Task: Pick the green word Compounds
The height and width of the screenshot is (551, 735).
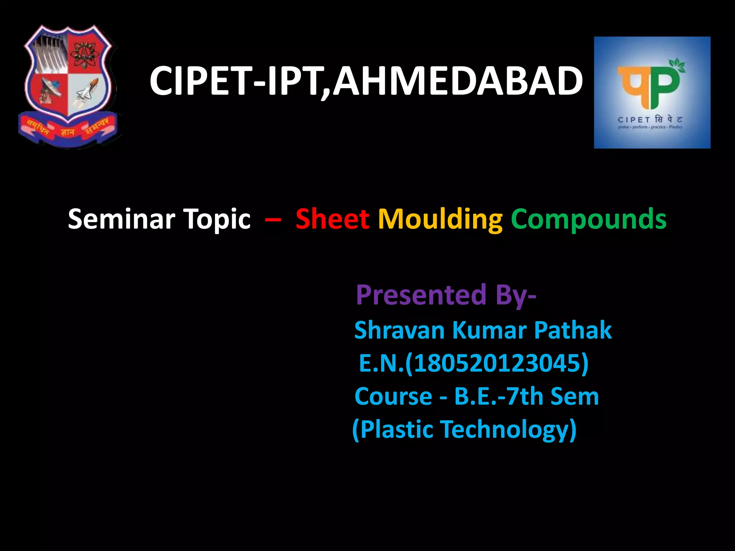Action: pyautogui.click(x=589, y=220)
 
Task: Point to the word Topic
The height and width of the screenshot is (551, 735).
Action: pyautogui.click(x=217, y=220)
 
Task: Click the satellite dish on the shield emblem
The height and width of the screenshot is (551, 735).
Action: pyautogui.click(x=50, y=91)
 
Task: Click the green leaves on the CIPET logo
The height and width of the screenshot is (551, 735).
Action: pyautogui.click(x=677, y=65)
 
